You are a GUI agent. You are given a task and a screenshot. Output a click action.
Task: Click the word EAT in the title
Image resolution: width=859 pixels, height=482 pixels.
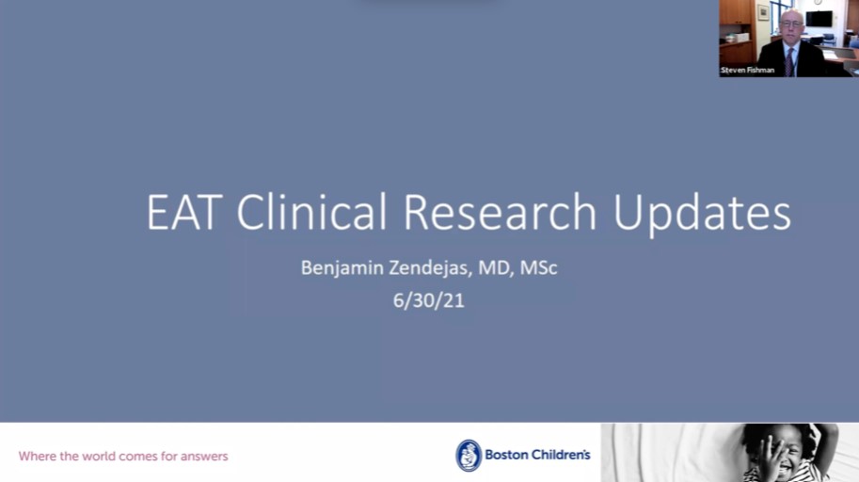184,212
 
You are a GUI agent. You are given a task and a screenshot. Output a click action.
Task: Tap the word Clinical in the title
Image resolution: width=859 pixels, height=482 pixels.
311,211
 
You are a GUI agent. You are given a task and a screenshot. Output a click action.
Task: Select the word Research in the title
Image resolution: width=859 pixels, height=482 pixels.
500,212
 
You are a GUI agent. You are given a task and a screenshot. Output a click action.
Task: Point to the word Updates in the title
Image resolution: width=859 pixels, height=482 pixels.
702,215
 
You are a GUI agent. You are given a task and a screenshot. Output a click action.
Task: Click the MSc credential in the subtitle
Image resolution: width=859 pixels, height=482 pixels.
538,267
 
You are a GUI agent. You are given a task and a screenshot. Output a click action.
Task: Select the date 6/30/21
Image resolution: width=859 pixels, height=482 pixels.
428,300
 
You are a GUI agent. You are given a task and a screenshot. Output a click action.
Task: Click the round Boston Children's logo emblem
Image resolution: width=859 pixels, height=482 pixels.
469,455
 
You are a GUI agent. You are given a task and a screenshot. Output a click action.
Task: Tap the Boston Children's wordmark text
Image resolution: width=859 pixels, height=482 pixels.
537,455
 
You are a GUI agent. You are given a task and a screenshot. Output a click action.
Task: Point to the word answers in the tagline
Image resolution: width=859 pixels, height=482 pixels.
204,457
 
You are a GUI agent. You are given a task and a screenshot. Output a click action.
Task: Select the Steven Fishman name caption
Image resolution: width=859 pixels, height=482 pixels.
747,71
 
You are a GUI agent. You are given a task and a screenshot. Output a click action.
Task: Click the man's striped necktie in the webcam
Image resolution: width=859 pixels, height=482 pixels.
788,62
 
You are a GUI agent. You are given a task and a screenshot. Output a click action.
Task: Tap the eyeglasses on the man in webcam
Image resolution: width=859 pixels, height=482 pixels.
791,24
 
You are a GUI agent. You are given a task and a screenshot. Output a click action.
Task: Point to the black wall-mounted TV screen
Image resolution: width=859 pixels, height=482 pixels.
819,19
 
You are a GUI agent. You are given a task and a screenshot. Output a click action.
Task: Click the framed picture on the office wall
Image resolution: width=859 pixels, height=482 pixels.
763,12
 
